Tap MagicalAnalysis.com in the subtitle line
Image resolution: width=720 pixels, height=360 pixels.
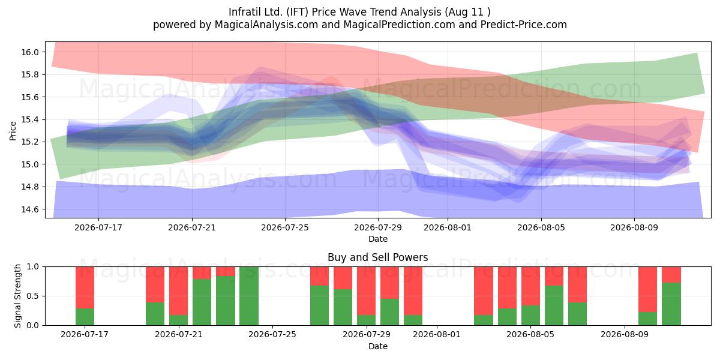[266, 25]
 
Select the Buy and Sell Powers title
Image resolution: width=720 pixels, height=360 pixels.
[377, 257]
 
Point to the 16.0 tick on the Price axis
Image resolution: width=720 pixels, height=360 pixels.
[29, 52]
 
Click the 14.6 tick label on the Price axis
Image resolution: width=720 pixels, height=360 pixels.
[29, 209]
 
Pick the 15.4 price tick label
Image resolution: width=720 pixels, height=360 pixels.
[29, 119]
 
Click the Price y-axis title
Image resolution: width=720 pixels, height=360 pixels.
[13, 131]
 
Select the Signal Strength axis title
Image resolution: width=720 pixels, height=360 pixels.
[17, 296]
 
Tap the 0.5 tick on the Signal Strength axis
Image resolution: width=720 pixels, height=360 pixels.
[32, 296]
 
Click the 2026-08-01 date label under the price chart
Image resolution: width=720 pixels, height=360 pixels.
[448, 227]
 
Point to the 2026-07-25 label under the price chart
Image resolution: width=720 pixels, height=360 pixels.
[285, 227]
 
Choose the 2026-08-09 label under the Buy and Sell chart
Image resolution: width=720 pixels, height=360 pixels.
[625, 335]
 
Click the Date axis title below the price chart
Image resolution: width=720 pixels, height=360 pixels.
[377, 239]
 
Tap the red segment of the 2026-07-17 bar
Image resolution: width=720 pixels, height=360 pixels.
[85, 287]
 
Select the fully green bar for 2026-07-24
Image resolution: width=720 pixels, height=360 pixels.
[249, 296]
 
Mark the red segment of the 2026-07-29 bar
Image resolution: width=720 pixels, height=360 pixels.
[367, 290]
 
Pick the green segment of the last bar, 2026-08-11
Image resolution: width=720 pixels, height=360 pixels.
[671, 304]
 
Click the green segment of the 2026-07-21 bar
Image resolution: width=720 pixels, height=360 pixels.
[178, 320]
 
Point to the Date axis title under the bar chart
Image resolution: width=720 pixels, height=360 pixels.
[377, 347]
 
